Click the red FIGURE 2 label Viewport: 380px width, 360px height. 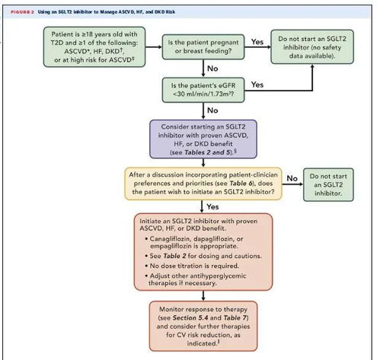coord(22,12)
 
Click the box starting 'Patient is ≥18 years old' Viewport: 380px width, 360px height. coord(94,47)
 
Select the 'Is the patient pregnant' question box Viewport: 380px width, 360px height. coord(203,47)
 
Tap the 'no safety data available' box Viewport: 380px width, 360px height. coord(312,47)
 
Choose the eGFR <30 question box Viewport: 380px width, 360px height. coord(203,90)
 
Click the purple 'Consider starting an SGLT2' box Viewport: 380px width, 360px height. coord(203,139)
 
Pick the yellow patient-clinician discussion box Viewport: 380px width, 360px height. coord(203,183)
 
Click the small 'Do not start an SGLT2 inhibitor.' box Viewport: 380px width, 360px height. coord(328,185)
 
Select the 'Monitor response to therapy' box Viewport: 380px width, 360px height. coord(203,326)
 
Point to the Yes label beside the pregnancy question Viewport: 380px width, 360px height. coord(257,42)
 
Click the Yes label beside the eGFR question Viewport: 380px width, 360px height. coord(257,84)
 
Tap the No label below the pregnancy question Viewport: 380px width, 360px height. coord(212,68)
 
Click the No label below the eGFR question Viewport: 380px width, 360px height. coord(212,110)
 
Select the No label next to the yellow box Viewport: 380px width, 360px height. coord(292,178)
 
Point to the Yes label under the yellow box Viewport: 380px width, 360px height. coord(212,207)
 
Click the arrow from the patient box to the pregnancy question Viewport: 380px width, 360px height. coord(154,47)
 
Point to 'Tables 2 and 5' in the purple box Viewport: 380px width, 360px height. coord(208,152)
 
